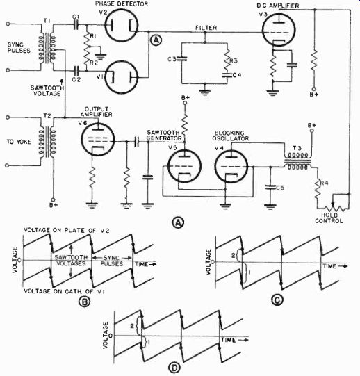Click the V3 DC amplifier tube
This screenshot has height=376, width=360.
(x=279, y=29)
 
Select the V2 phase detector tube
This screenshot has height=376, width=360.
(x=122, y=26)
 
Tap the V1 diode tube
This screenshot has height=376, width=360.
(x=122, y=77)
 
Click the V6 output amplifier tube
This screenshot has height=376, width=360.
(x=97, y=139)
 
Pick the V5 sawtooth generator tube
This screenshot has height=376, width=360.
(x=184, y=166)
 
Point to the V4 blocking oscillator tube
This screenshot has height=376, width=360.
(x=231, y=166)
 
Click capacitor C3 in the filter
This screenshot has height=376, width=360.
(x=182, y=58)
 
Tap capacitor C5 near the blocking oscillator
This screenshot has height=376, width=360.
(x=270, y=188)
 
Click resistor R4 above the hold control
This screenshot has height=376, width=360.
(x=318, y=190)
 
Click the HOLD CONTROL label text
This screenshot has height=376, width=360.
(x=329, y=218)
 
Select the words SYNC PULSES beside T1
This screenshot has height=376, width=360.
(x=19, y=47)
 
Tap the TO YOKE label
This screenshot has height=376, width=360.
(x=19, y=142)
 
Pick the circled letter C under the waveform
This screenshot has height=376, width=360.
(x=277, y=300)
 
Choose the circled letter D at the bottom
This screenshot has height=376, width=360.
(x=174, y=368)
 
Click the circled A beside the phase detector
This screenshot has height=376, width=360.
(x=156, y=40)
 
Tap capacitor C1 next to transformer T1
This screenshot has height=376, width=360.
(x=76, y=25)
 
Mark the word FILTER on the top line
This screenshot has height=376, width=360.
(x=206, y=28)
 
